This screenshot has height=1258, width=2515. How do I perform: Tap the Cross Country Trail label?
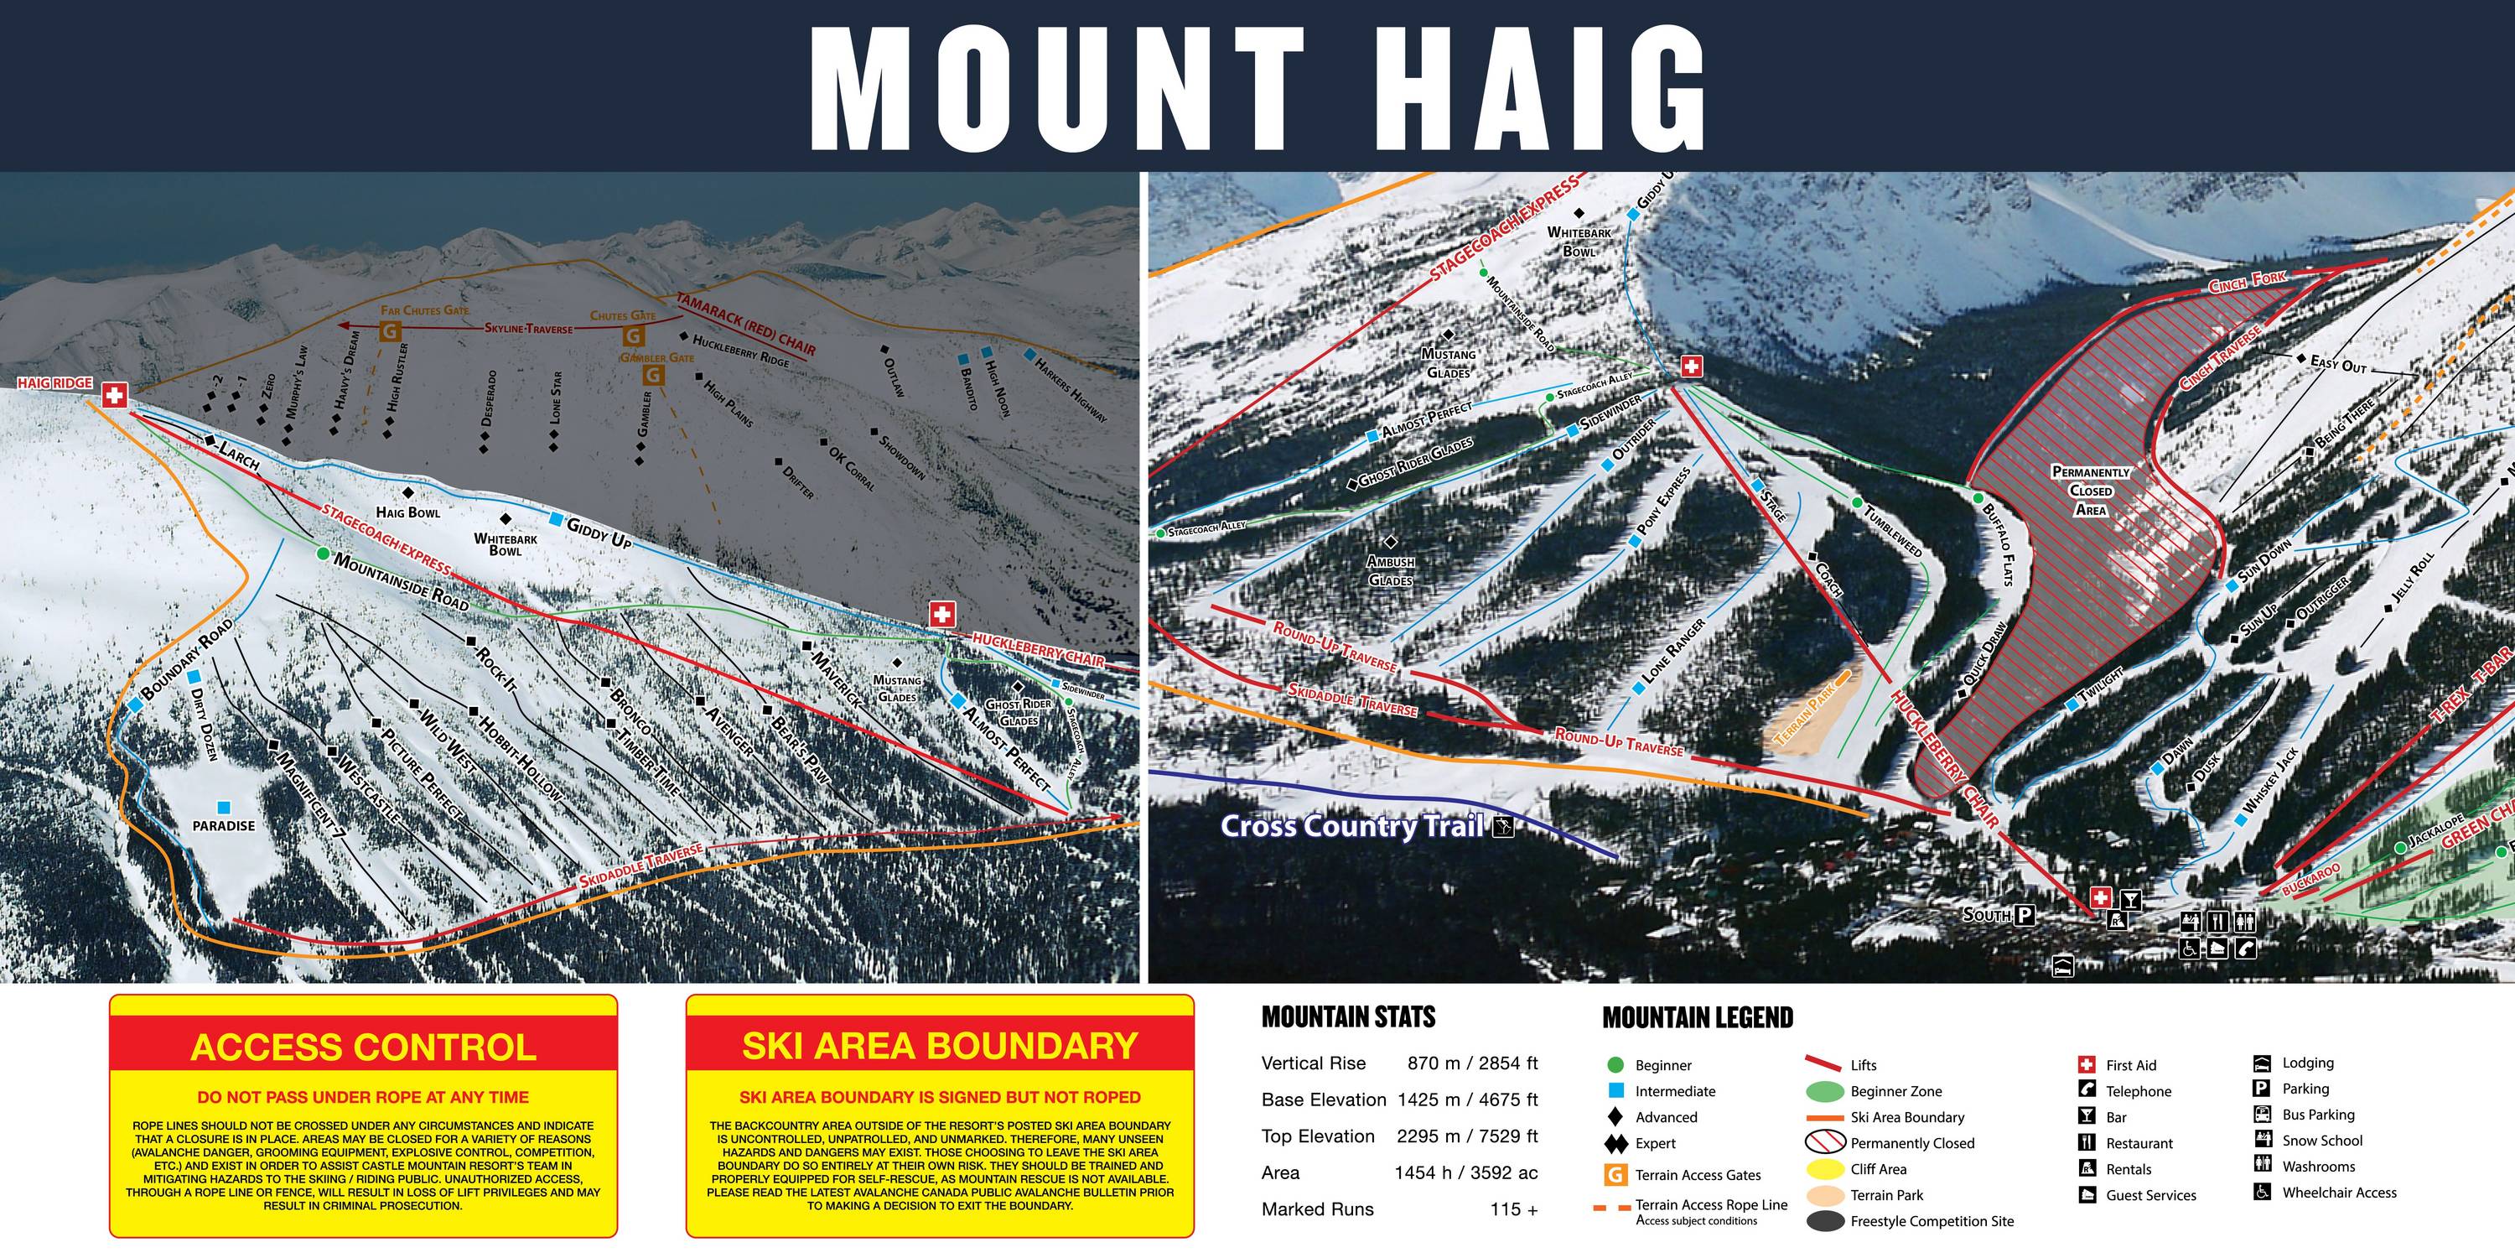pos(1353,826)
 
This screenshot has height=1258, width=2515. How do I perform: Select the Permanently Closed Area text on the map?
pos(2090,491)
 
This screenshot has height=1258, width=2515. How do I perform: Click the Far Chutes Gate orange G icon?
pos(390,331)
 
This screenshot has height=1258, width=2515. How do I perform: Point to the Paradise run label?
pos(224,825)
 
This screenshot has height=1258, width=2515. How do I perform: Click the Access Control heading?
pos(363,1047)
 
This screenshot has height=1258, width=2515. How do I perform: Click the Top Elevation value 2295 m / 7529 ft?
pos(1466,1136)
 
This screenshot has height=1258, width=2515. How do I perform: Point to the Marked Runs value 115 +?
pos(1513,1209)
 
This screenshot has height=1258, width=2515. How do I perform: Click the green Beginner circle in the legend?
pos(1615,1064)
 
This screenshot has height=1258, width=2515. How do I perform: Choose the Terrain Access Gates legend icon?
pos(1615,1175)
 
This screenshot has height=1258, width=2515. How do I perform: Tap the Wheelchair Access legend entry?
pos(2338,1193)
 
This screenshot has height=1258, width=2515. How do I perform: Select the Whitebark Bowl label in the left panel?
pos(505,544)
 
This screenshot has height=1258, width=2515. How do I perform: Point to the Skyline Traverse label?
pos(528,328)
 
